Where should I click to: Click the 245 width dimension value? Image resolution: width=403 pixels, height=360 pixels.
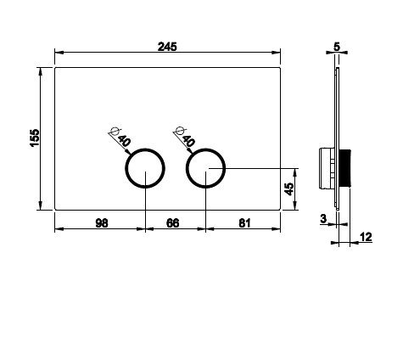[167, 47]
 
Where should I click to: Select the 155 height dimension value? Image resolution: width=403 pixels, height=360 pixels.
[35, 138]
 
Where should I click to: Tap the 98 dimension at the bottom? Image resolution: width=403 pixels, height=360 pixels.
[102, 223]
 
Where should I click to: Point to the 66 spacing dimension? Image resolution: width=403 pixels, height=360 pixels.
[172, 223]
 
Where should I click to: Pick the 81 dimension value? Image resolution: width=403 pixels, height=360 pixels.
[244, 223]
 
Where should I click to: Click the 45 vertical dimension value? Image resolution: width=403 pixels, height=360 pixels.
[289, 189]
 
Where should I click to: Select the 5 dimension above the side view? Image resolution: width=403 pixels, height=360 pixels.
[337, 47]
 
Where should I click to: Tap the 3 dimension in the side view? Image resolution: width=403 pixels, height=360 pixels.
[323, 218]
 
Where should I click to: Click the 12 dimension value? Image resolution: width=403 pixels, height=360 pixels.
[366, 237]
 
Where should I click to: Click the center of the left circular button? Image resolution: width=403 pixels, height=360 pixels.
[145, 168]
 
